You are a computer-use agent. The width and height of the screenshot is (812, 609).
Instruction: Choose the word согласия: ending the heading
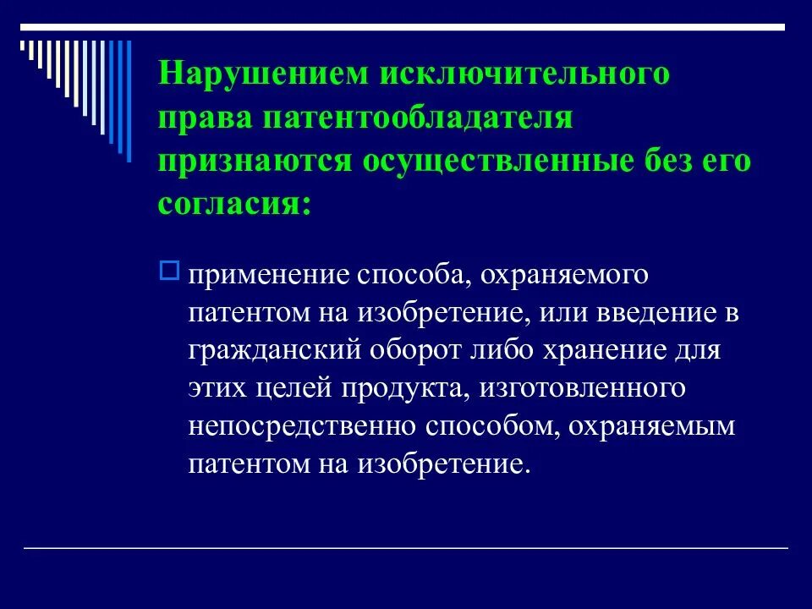pos(233,204)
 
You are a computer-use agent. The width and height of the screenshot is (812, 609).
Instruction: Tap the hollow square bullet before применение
pos(167,271)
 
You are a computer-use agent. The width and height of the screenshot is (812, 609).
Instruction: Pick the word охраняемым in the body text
pos(652,428)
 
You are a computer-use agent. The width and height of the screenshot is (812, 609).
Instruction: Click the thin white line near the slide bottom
pos(406,549)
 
